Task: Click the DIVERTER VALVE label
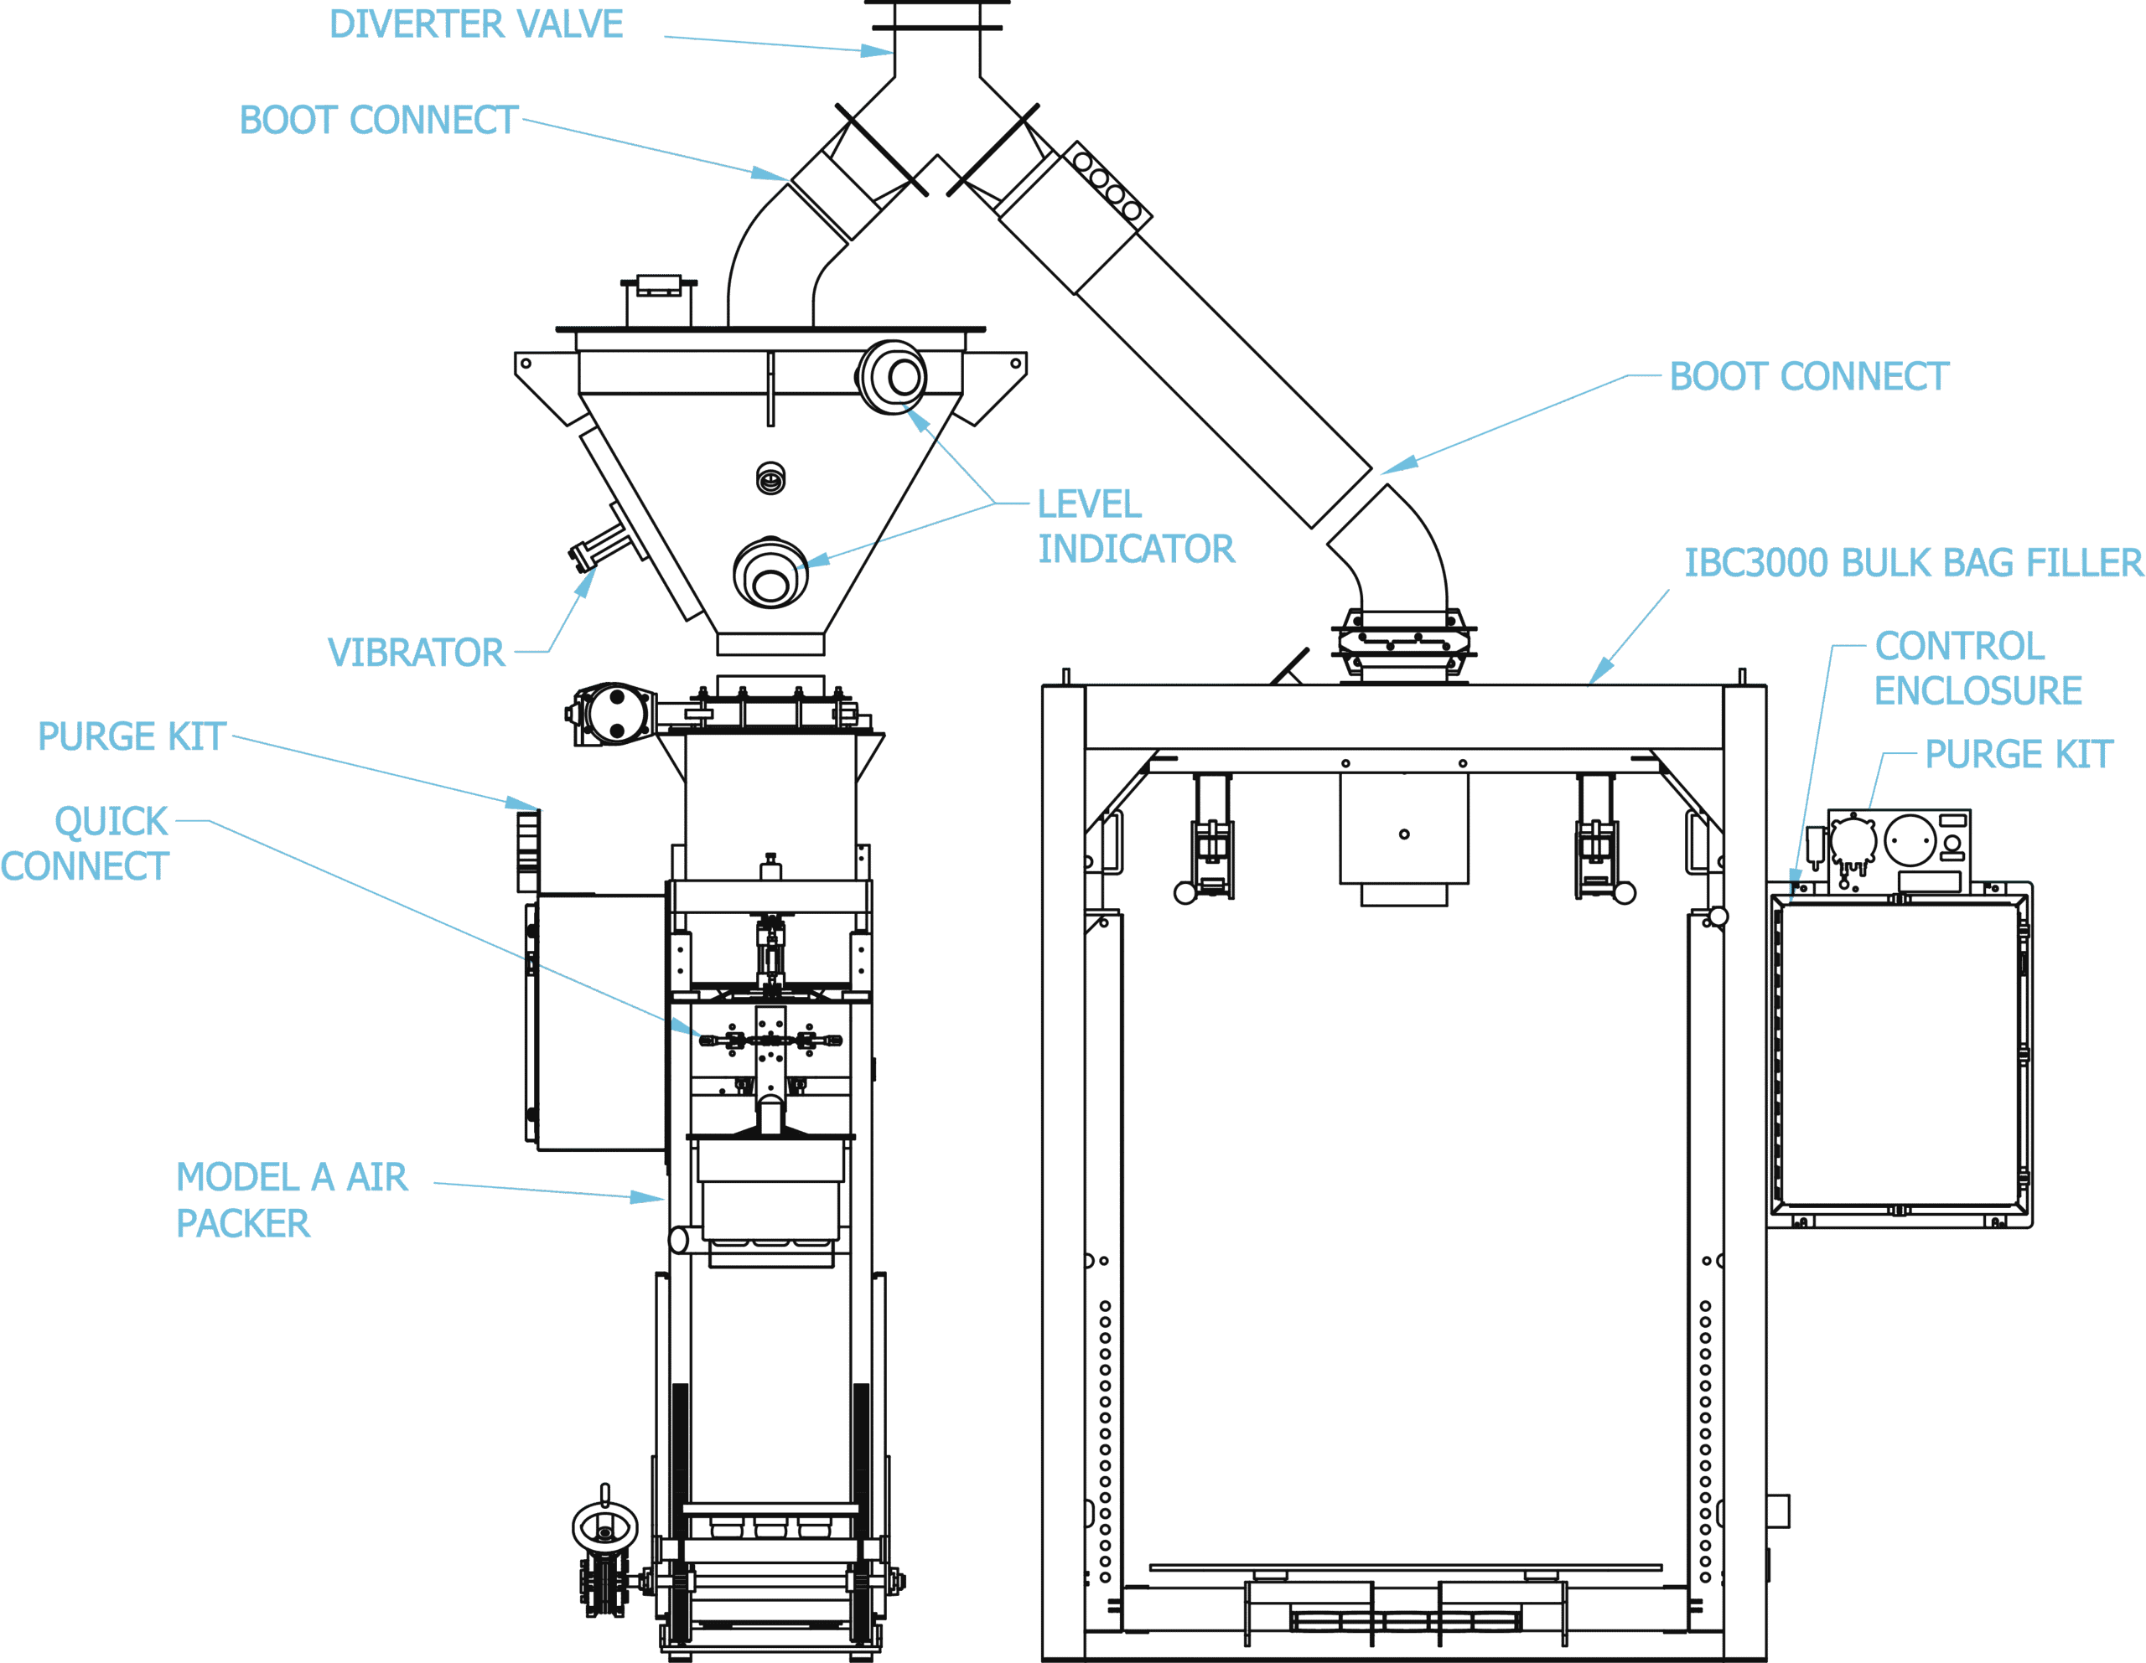tap(475, 23)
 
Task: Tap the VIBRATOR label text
tap(416, 653)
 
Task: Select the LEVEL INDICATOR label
tap(1136, 526)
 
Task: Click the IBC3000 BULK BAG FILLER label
tap(1913, 563)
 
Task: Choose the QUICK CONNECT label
tap(86, 844)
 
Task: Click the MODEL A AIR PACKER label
tap(292, 1201)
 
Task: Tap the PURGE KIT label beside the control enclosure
tap(2019, 754)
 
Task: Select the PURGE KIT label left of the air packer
tap(132, 736)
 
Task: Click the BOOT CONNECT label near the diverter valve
tap(378, 120)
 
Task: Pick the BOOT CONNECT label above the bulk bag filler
tap(1809, 376)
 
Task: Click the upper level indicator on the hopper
tap(892, 376)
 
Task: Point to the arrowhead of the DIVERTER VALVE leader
tap(878, 50)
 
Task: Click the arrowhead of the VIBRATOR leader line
tap(586, 582)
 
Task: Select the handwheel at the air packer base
tap(604, 1528)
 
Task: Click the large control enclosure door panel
tap(1900, 1054)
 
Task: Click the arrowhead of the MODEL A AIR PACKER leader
tap(646, 1197)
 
